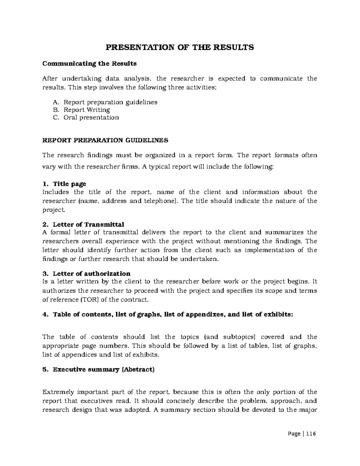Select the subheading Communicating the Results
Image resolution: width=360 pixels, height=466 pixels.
pos(89,64)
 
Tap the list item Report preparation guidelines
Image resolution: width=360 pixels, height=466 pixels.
pos(110,102)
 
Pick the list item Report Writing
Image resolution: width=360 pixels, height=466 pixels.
pos(87,110)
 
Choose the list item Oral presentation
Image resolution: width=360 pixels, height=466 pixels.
pos(91,117)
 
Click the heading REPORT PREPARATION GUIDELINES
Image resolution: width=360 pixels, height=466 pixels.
pos(105,140)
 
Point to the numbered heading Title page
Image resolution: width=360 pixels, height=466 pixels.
pos(69,184)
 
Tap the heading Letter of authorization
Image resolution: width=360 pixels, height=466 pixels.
pos(91,274)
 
